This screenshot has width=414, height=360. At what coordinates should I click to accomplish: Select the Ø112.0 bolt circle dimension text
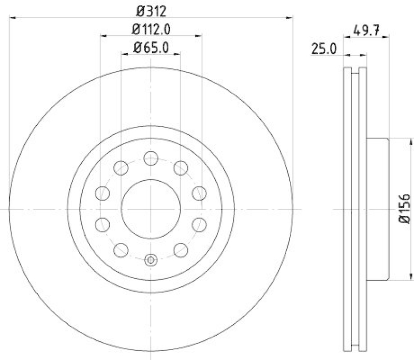click(x=151, y=28)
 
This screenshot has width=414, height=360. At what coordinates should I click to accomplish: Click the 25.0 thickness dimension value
click(x=324, y=49)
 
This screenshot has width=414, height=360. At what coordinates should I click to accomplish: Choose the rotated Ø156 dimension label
click(x=405, y=209)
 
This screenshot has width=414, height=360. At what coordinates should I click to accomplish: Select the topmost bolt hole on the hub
click(x=151, y=158)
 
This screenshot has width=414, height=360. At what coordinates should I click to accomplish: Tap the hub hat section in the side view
click(x=378, y=209)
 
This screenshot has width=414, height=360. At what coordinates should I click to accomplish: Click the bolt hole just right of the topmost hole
click(x=181, y=167)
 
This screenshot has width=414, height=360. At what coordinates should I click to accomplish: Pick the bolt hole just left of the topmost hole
click(x=121, y=167)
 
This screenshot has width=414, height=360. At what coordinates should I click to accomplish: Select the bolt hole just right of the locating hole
click(x=181, y=250)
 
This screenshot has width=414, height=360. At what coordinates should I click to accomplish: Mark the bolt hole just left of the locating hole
click(x=121, y=250)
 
